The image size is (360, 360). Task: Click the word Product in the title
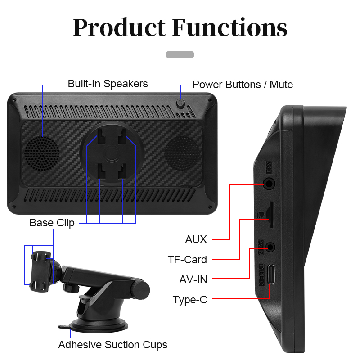(x=119, y=28)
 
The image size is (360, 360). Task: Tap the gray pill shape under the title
(x=180, y=54)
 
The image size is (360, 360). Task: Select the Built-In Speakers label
(x=108, y=84)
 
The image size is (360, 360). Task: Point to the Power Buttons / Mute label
(x=243, y=85)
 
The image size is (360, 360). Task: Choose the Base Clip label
(x=52, y=223)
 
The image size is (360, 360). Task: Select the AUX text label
(x=196, y=239)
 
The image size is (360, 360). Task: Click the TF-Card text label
(x=187, y=260)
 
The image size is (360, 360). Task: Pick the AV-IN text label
(x=193, y=279)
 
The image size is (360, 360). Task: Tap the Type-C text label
(x=190, y=300)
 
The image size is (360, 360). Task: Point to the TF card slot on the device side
(x=270, y=215)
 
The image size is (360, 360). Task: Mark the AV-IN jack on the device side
(x=271, y=247)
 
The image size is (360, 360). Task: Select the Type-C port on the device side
(x=271, y=274)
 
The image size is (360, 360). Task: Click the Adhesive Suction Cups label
(x=112, y=345)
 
